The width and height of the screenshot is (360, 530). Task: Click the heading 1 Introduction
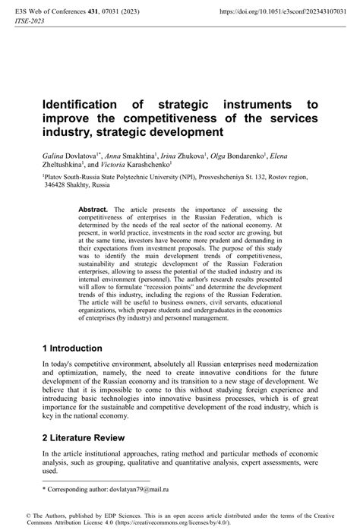(79, 347)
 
